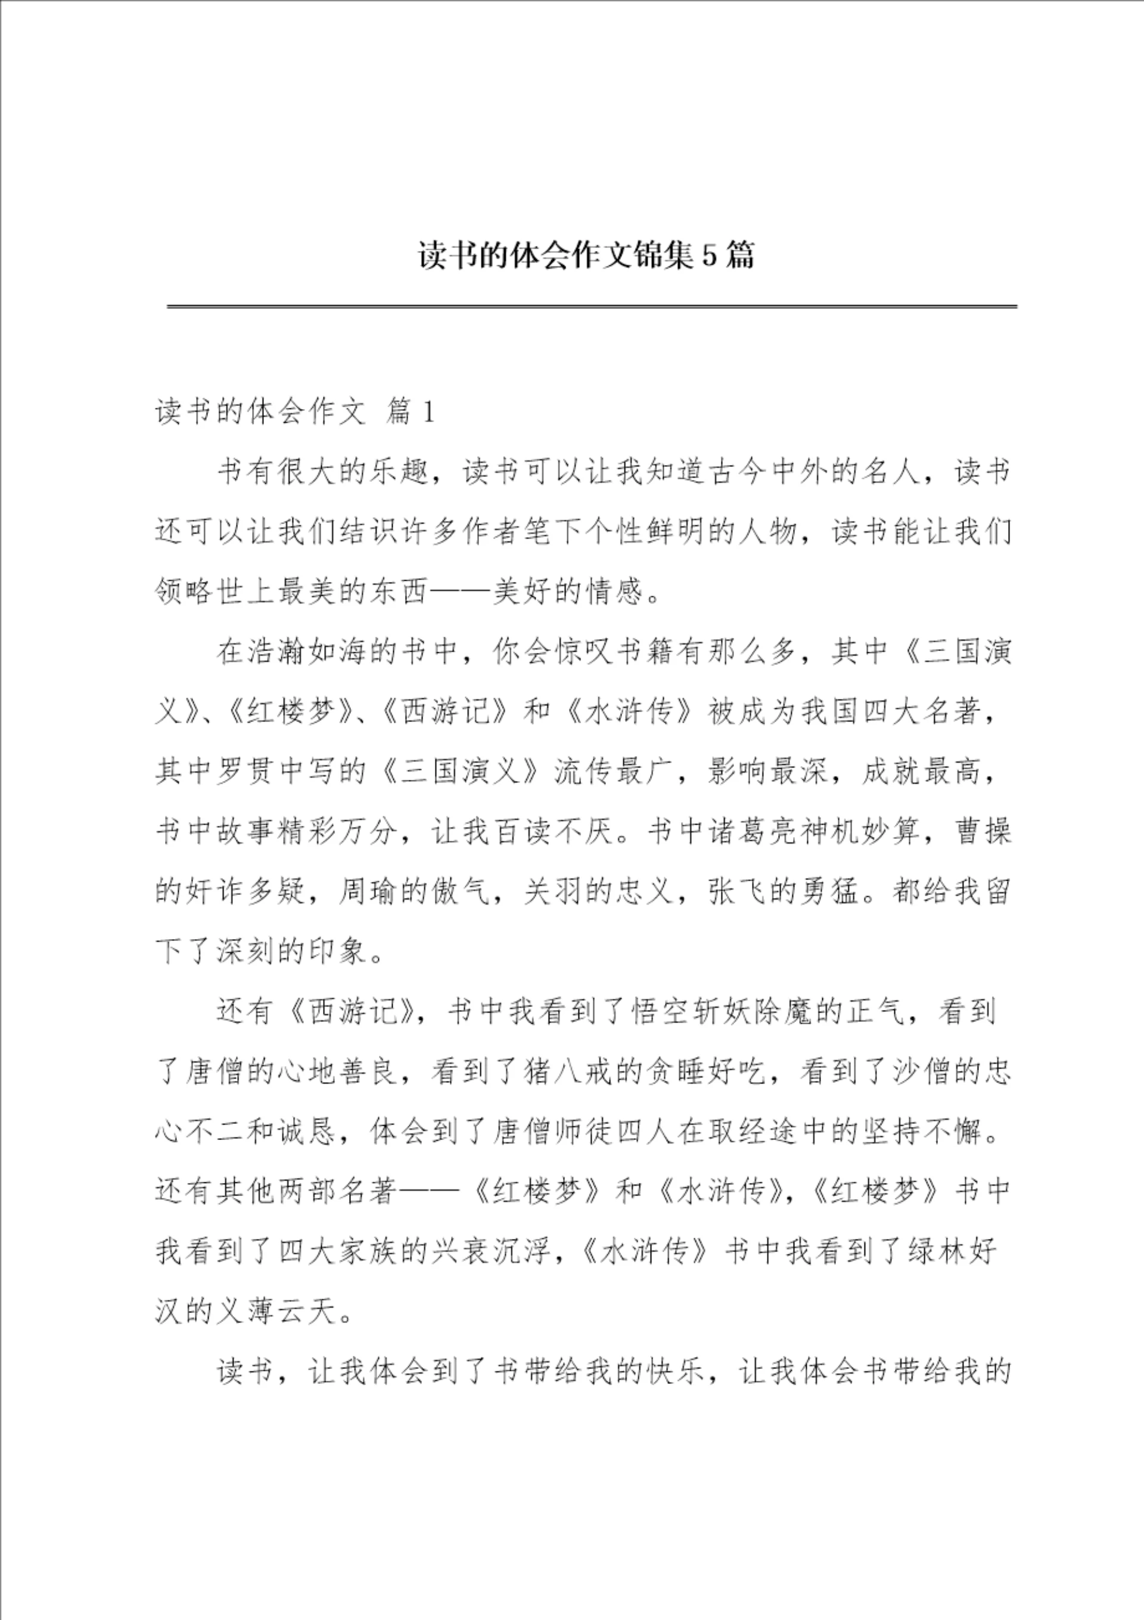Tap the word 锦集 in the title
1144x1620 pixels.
tap(663, 255)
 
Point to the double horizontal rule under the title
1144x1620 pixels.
tap(592, 306)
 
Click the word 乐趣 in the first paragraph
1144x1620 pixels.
tap(399, 472)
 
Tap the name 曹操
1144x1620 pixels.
tap(983, 832)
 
